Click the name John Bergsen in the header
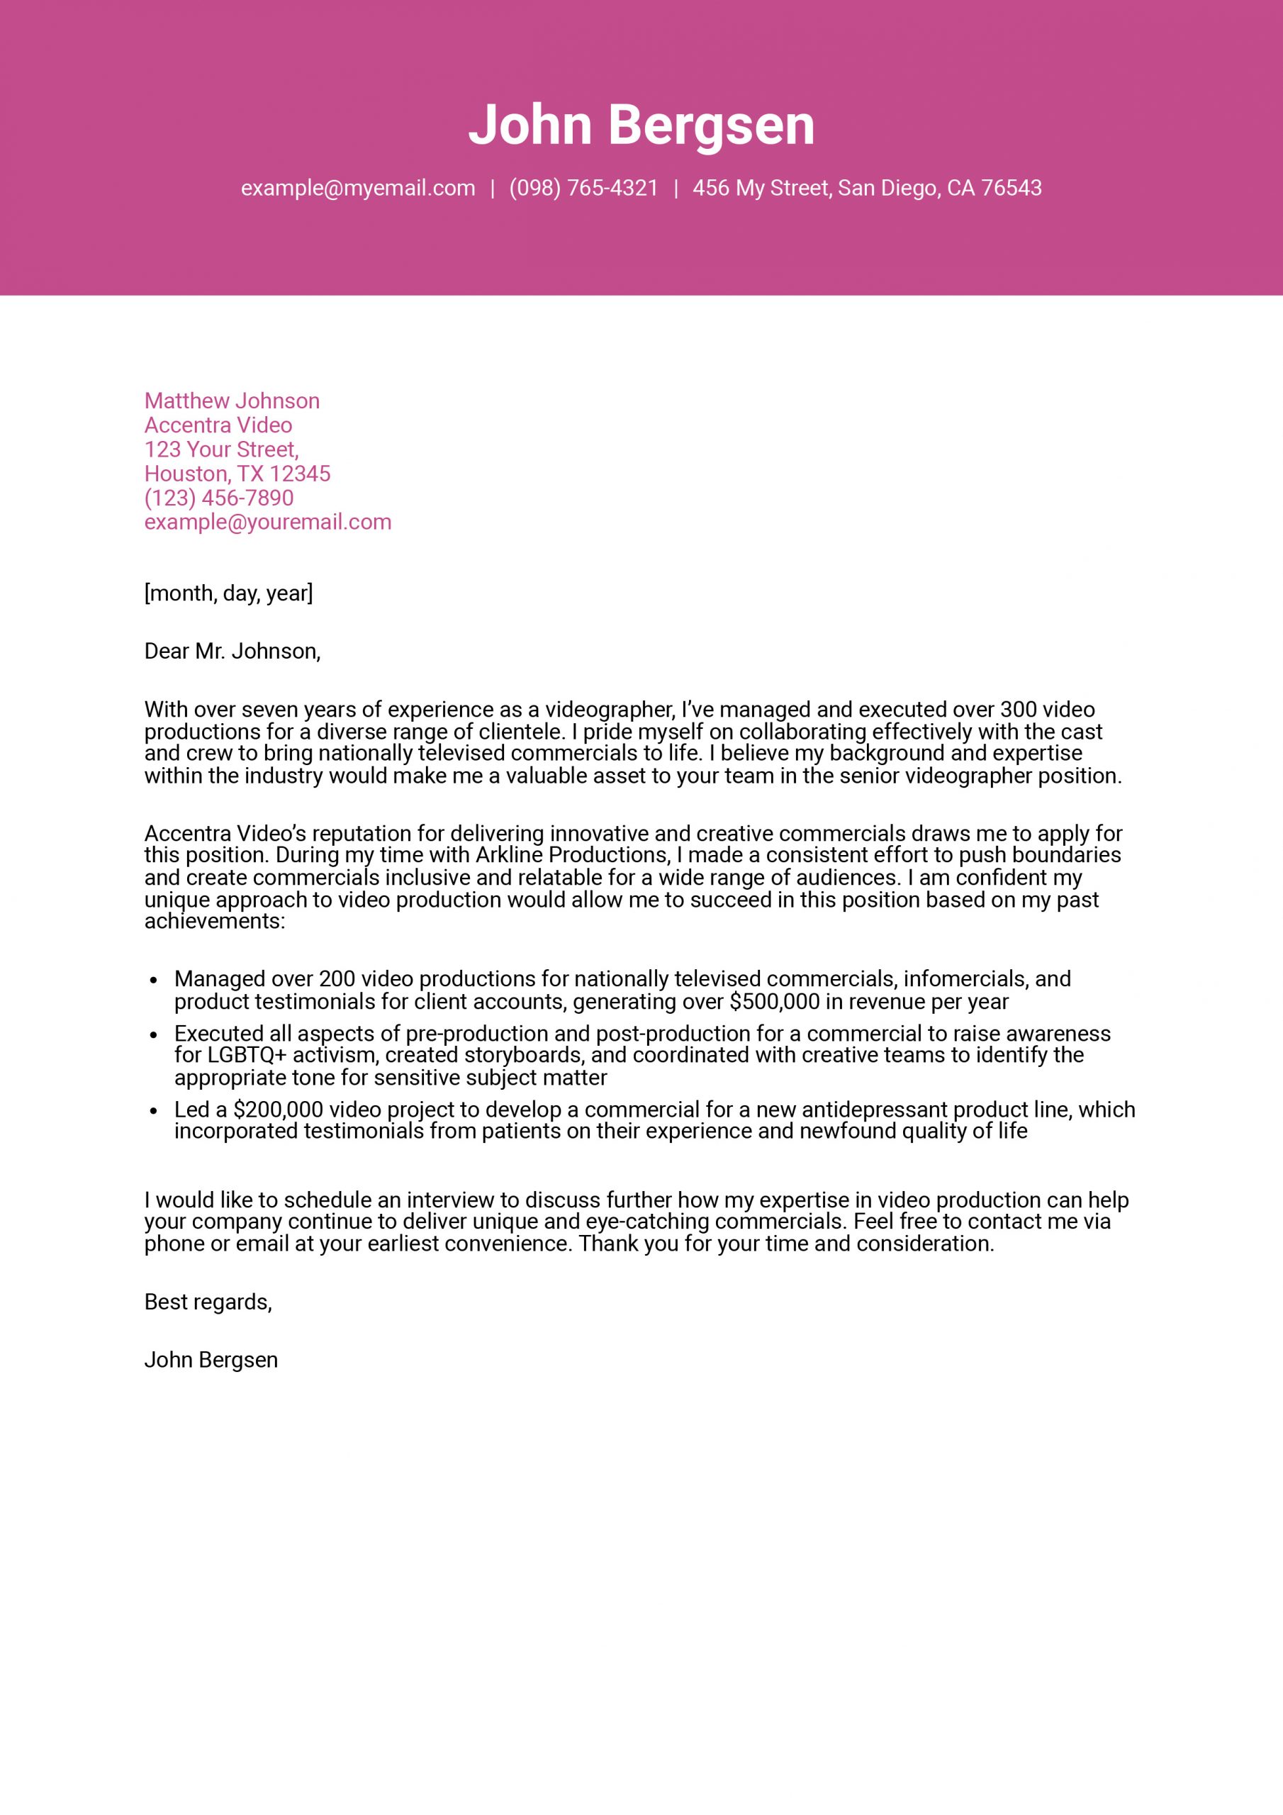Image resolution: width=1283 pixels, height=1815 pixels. coord(641,125)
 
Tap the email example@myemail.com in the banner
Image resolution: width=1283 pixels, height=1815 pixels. coord(358,188)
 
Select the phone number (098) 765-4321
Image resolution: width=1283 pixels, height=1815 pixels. coord(583,188)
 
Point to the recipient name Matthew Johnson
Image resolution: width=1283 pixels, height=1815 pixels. coord(232,401)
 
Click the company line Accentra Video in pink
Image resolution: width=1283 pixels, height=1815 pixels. coord(218,425)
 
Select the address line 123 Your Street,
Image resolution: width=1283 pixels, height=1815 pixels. coord(221,449)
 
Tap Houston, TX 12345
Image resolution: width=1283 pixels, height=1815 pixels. coord(237,474)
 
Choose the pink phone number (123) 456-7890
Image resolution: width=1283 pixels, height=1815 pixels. coord(219,498)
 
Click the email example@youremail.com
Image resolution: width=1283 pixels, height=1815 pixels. coord(268,522)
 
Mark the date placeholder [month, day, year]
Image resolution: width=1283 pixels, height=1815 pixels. coord(228,593)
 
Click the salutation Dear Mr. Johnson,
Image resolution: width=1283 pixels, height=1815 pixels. coord(232,652)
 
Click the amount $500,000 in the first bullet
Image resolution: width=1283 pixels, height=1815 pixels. coord(771,1002)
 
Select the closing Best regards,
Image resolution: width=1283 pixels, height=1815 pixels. coord(208,1302)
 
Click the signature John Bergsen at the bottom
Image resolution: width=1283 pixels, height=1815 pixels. coord(211,1360)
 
